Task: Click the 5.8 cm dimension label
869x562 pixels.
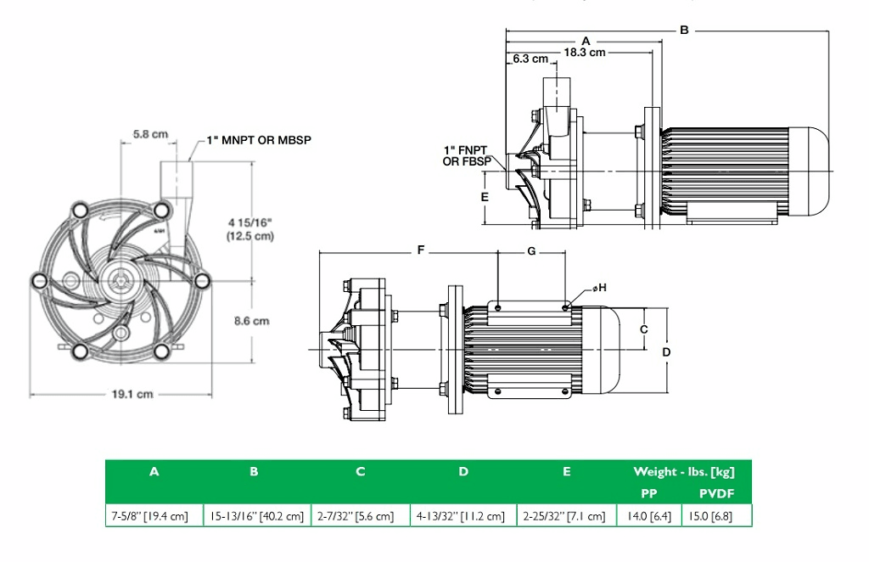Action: (149, 134)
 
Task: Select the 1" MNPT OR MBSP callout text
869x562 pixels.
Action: (254, 140)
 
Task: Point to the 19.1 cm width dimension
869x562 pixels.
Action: (133, 394)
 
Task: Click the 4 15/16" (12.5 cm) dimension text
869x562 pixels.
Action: (250, 230)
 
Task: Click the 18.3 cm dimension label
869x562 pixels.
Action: (585, 52)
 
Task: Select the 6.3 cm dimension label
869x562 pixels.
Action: (530, 59)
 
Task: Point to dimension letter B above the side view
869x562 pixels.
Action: (684, 30)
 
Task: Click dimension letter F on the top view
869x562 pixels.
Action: (420, 251)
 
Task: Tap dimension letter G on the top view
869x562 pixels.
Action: (532, 251)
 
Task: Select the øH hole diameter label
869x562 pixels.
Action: (599, 289)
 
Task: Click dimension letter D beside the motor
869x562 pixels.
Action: (666, 351)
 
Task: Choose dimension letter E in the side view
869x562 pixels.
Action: (485, 196)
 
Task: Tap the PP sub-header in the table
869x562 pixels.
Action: (649, 492)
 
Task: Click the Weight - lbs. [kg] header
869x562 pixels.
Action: (684, 471)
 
